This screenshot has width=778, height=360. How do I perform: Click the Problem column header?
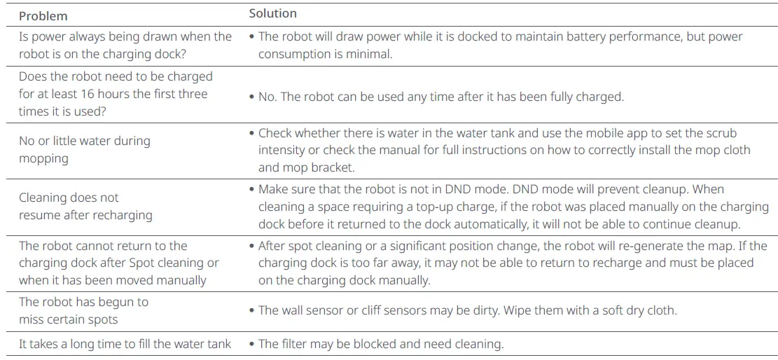click(x=43, y=16)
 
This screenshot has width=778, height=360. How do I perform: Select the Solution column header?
click(x=273, y=14)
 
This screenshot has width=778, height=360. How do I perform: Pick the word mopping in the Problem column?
click(x=43, y=159)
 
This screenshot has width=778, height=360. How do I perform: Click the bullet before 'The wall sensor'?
click(x=252, y=310)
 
